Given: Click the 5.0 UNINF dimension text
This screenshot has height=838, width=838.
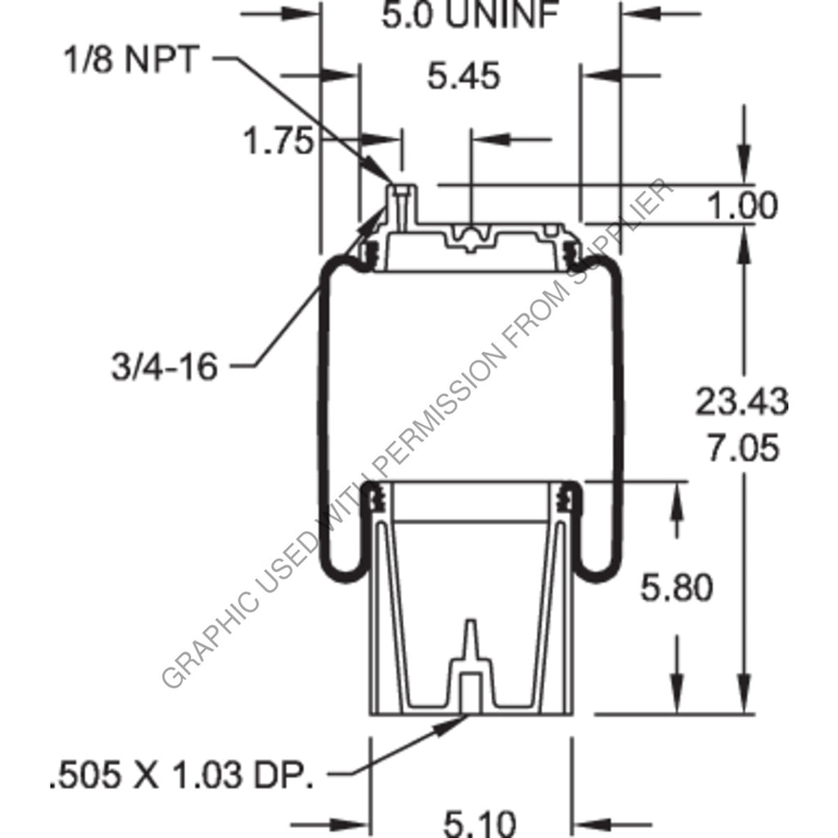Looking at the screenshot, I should (468, 16).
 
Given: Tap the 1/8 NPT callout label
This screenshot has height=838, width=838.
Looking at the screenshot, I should (132, 61).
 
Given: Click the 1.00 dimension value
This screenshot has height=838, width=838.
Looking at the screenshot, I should (741, 206).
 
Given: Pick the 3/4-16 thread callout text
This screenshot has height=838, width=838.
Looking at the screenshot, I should (164, 367).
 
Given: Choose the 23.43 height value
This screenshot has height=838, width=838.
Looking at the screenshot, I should (742, 402).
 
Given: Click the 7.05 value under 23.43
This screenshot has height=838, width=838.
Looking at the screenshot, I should (742, 449).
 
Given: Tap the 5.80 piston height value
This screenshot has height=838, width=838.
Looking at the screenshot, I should (676, 588).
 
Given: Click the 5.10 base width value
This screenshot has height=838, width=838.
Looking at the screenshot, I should (471, 822).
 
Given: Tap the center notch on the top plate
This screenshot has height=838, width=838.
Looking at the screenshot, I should (472, 237).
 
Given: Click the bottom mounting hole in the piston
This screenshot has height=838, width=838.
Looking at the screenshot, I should (470, 692).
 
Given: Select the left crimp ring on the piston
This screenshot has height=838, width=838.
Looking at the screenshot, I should (376, 497).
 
